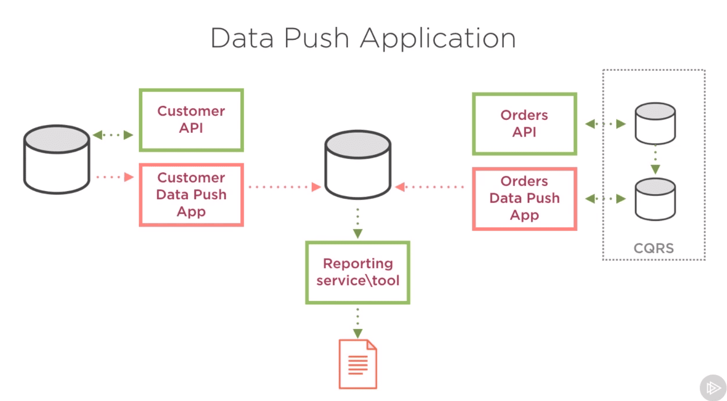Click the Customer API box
[191, 120]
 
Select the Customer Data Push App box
[191, 195]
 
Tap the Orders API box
[524, 124]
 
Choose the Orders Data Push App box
[524, 199]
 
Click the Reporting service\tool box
[358, 273]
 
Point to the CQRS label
[654, 248]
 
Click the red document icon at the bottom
[358, 364]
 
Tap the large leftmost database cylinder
[57, 160]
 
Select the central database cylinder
[358, 165]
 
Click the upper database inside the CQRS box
[655, 124]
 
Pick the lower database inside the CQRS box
[655, 199]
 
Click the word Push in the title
[317, 38]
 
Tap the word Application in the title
[438, 39]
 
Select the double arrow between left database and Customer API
[113, 135]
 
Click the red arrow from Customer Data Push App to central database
[284, 187]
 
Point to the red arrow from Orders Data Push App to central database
[430, 187]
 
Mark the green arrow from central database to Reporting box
[358, 223]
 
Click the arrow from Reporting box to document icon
[358, 323]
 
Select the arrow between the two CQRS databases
[655, 160]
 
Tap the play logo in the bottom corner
[713, 388]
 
